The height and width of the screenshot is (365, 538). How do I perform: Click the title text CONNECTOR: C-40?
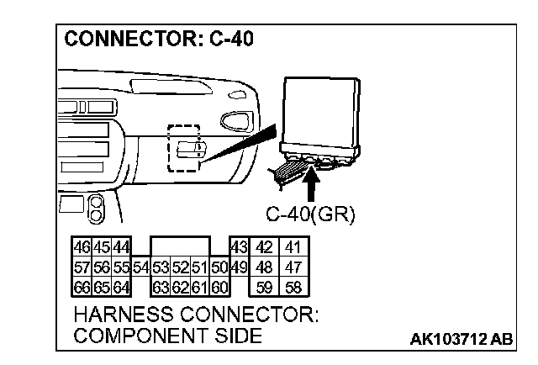[x=158, y=40]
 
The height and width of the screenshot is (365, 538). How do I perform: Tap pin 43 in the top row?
[x=238, y=247]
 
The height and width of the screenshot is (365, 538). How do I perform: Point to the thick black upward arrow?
[x=312, y=181]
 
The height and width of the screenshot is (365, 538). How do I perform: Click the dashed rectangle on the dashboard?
[x=184, y=148]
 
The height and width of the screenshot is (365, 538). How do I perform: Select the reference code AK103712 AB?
[x=461, y=340]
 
